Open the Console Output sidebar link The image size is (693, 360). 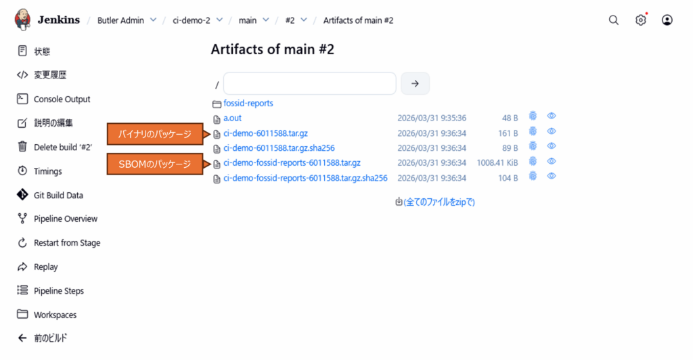62,99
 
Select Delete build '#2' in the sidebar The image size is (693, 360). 63,147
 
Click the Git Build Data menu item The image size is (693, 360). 58,195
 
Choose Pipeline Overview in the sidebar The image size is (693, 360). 66,219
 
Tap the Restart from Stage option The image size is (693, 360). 67,243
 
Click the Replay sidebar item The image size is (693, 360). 46,267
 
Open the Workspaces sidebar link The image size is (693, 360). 55,315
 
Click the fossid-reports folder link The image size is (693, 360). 248,104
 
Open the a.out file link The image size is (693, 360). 232,118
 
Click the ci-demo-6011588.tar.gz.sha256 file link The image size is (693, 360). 279,148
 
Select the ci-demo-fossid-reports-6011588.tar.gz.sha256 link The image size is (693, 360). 305,178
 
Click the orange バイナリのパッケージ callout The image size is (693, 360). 155,134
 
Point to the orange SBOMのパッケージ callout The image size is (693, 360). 155,164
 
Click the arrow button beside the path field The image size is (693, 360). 415,83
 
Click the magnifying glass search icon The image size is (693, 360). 614,20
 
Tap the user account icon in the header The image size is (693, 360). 667,20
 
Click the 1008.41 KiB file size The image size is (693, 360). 497,163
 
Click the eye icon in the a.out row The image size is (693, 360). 552,116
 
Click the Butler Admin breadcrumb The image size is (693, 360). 120,20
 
